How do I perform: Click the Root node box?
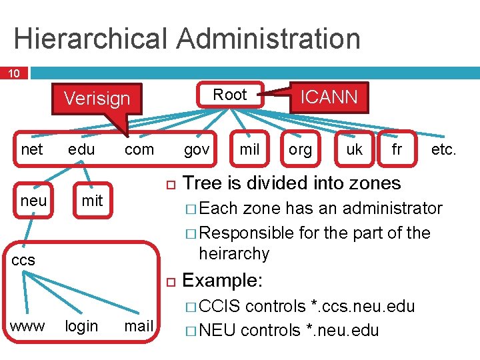(230, 95)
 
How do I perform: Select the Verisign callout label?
(97, 99)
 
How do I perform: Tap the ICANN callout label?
(329, 97)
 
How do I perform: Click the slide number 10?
(13, 73)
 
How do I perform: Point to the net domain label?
(32, 149)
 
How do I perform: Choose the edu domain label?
(81, 149)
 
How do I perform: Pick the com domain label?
(139, 149)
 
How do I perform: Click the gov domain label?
(196, 149)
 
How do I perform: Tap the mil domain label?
(249, 149)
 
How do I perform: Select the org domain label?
(300, 149)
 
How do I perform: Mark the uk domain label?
(354, 149)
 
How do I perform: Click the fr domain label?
(397, 149)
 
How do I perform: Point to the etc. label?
(443, 149)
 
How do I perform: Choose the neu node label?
(33, 201)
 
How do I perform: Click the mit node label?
(92, 201)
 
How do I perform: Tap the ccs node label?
(23, 259)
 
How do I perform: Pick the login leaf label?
(81, 326)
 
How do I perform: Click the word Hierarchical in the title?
(92, 39)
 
